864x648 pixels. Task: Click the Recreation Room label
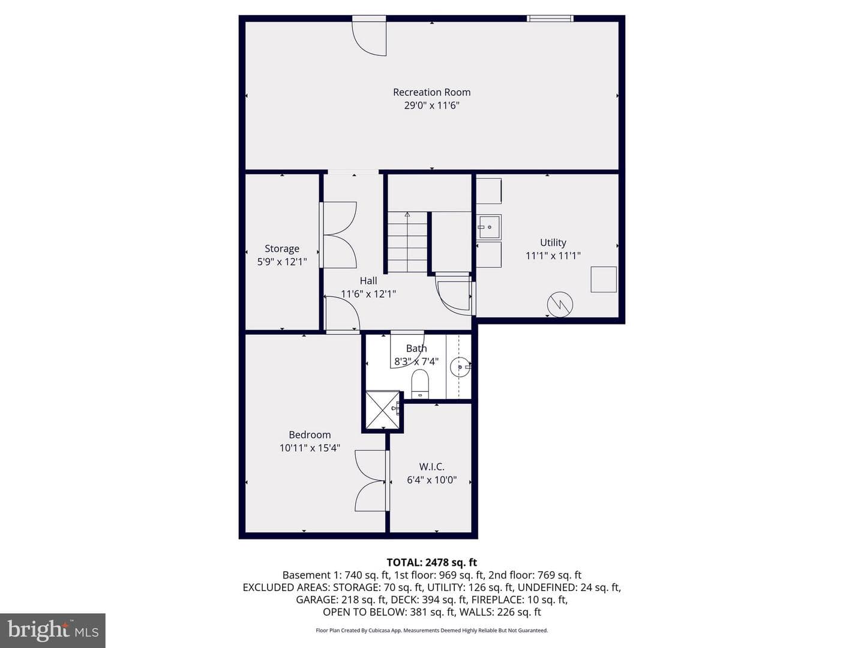431,92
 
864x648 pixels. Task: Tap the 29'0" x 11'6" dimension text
431,106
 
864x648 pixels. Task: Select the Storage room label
282,248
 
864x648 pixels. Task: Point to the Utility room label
553,242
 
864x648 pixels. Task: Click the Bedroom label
310,435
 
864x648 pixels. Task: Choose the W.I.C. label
432,467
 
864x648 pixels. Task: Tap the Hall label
368,281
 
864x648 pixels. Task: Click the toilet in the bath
419,383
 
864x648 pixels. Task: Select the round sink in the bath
460,367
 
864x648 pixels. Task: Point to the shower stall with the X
383,410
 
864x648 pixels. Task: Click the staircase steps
407,242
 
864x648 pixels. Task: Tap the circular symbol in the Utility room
560,304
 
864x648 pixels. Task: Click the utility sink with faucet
489,227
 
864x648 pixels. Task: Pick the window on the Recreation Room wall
550,19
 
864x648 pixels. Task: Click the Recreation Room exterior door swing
369,38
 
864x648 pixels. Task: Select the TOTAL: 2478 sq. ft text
431,562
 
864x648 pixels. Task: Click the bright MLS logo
53,631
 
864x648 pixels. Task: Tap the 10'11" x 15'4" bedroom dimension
310,448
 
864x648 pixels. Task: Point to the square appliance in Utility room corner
604,280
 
